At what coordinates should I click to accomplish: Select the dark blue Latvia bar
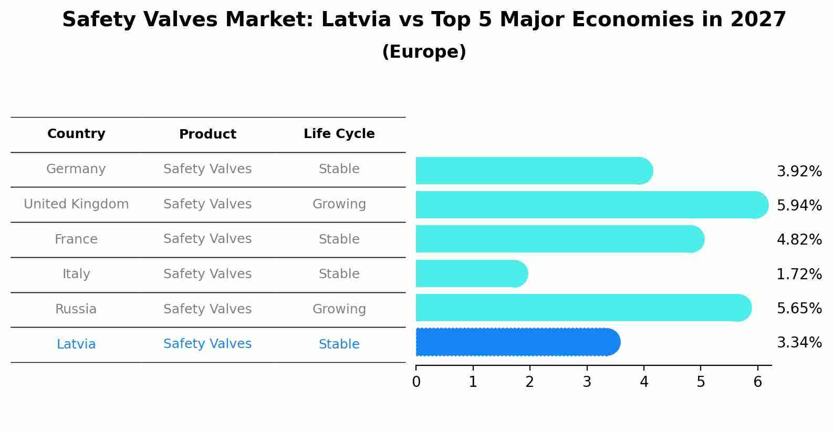click(x=517, y=342)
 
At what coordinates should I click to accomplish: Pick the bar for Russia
click(x=583, y=308)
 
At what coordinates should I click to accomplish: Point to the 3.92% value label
click(x=799, y=172)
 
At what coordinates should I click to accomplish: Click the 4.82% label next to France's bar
click(x=799, y=240)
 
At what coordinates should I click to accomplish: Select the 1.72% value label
click(x=799, y=274)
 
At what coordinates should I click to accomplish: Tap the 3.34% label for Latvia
click(x=799, y=343)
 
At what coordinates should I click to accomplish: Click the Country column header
click(x=76, y=134)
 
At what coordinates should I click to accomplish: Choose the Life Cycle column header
click(x=339, y=134)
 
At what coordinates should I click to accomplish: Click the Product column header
click(x=207, y=134)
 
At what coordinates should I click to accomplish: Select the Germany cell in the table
click(x=76, y=169)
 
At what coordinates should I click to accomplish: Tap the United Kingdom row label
click(x=76, y=204)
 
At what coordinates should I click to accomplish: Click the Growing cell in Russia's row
click(x=339, y=309)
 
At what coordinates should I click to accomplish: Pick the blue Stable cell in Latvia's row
click(x=339, y=344)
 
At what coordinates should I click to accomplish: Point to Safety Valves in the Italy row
click(x=207, y=274)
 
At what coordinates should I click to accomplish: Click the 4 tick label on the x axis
click(x=644, y=382)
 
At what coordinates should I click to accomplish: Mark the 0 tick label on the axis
click(x=416, y=382)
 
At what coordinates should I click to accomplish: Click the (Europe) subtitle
click(x=424, y=52)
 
